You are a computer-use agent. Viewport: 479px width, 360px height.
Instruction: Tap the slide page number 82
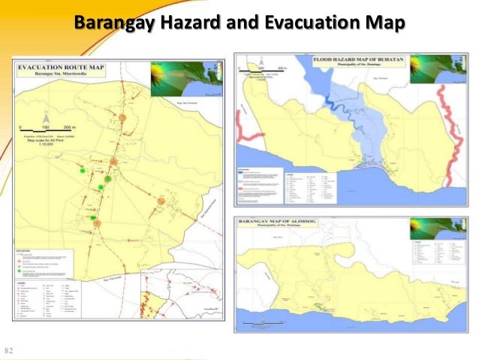pos(10,351)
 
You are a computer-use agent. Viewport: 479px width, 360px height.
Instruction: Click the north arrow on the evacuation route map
pos(45,119)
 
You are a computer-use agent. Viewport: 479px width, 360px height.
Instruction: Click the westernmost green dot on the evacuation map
pos(83,172)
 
